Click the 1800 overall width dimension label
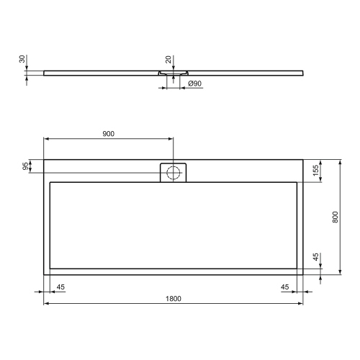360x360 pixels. pyautogui.click(x=173, y=298)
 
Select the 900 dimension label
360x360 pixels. pyautogui.click(x=108, y=133)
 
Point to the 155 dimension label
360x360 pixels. pyautogui.click(x=316, y=171)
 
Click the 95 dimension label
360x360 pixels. pyautogui.click(x=26, y=167)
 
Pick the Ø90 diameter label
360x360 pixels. pyautogui.click(x=194, y=84)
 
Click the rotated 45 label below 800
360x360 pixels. pyautogui.click(x=316, y=257)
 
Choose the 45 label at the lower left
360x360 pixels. pyautogui.click(x=60, y=287)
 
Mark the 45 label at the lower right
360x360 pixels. pyautogui.click(x=285, y=287)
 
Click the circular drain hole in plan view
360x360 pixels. pyautogui.click(x=173, y=172)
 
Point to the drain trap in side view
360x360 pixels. pyautogui.click(x=173, y=73)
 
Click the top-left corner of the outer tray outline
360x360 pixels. pyautogui.click(x=44, y=159)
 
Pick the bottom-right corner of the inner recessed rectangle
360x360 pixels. pyautogui.click(x=297, y=268)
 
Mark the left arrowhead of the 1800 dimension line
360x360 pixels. pyautogui.click(x=46, y=304)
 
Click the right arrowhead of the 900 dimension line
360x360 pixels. pyautogui.click(x=171, y=139)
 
